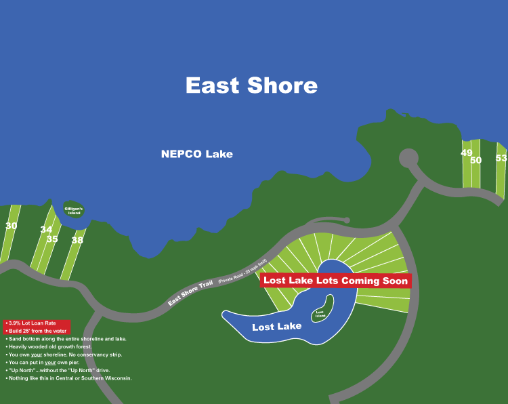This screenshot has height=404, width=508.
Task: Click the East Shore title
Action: [251, 85]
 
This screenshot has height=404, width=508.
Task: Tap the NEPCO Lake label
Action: [196, 154]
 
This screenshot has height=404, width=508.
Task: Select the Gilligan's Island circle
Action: [74, 210]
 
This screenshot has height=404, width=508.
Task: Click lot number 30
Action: [11, 226]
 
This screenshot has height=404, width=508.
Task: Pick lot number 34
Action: [46, 229]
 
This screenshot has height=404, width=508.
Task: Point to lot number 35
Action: [52, 239]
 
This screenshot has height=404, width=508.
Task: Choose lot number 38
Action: [77, 240]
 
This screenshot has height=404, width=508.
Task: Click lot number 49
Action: [467, 153]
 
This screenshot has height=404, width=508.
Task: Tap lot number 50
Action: [475, 160]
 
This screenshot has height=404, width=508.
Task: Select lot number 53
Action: [501, 158]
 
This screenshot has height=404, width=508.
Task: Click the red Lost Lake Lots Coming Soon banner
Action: [335, 281]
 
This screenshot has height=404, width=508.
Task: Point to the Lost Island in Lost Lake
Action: [320, 314]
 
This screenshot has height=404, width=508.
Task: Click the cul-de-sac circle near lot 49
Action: [408, 159]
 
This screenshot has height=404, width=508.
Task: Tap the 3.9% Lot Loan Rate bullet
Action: [33, 323]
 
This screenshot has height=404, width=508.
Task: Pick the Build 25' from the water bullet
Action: [37, 331]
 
